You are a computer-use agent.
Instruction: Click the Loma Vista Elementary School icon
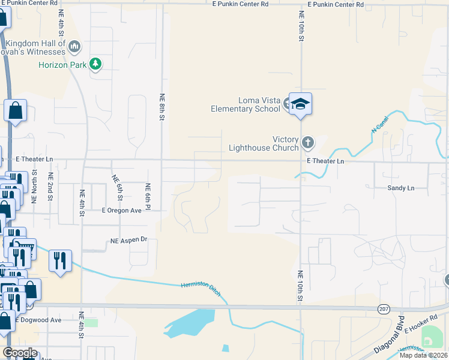[300, 104]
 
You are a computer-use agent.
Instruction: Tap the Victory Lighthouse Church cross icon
[307, 143]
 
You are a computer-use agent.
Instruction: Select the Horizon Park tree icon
[95, 64]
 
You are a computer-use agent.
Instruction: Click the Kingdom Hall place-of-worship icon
[74, 46]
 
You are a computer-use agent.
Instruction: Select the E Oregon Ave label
[121, 211]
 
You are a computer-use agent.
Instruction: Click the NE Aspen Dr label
[128, 240]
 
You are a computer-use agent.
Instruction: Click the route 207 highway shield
[384, 308]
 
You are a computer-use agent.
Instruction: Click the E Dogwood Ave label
[38, 320]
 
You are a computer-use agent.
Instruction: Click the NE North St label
[34, 186]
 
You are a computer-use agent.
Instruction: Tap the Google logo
[20, 352]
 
